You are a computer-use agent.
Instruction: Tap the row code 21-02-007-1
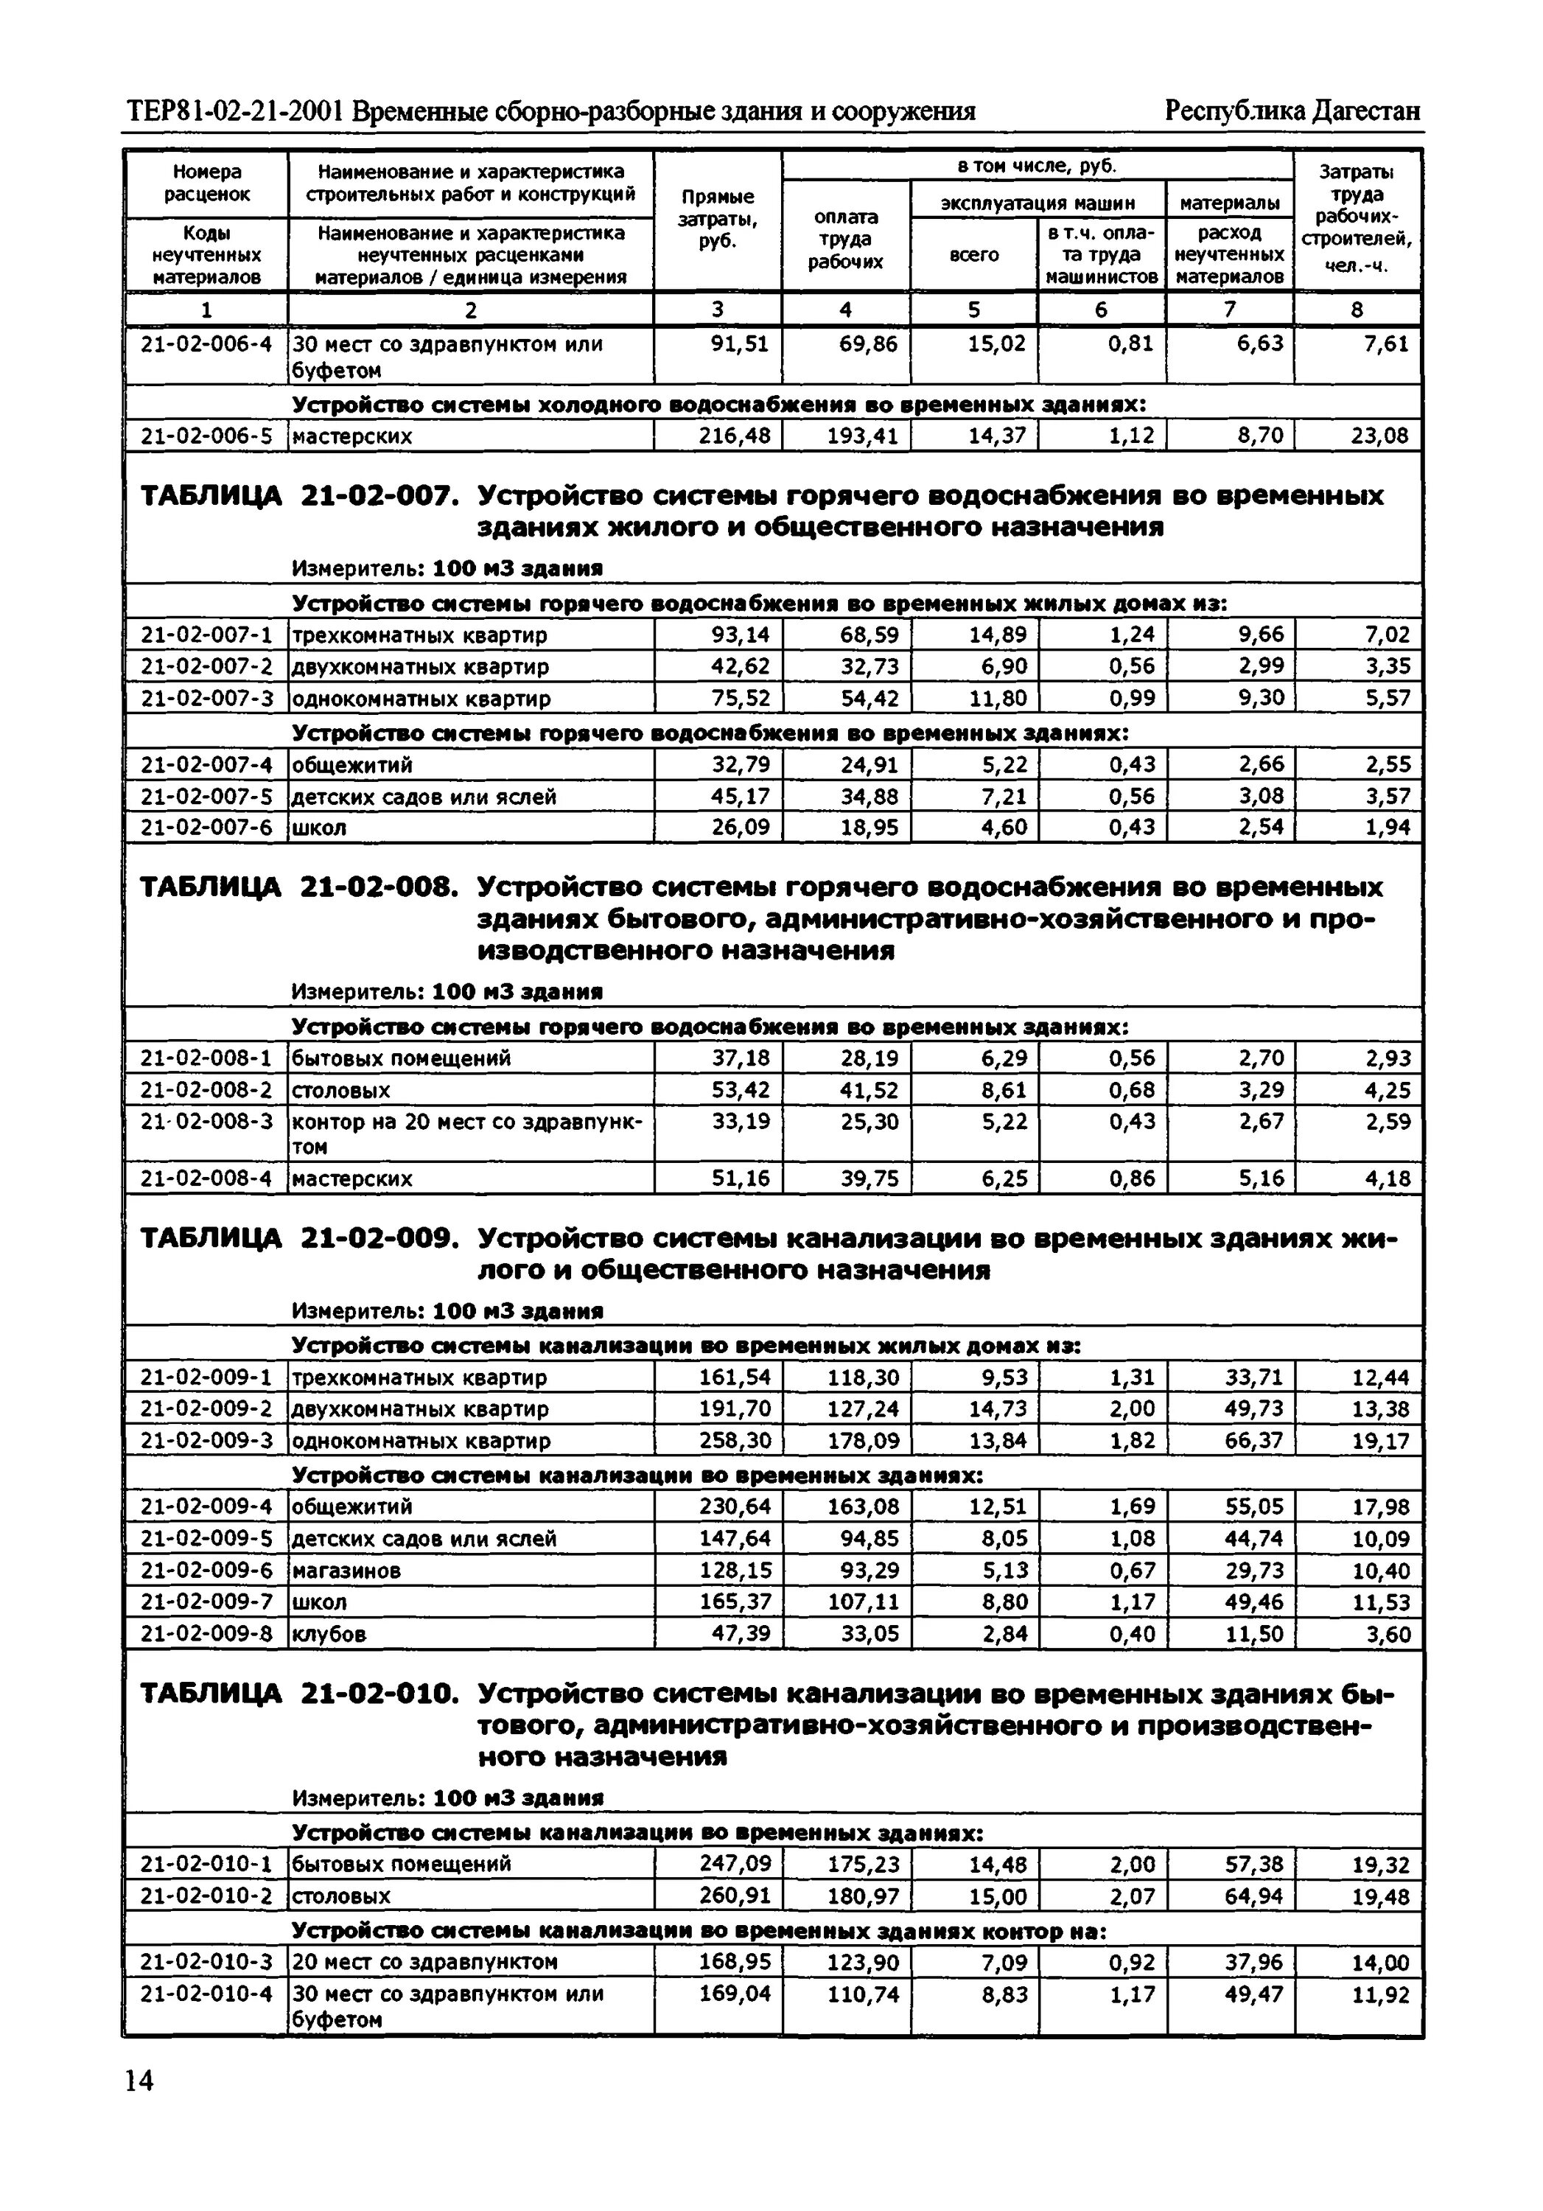(x=206, y=635)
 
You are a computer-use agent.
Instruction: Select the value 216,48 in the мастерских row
(x=735, y=436)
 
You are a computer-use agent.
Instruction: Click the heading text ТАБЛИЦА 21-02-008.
(x=298, y=887)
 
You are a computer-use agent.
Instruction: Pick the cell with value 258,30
(x=735, y=1441)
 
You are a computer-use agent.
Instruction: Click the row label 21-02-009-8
(x=206, y=1633)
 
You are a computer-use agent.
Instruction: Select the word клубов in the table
(x=329, y=1634)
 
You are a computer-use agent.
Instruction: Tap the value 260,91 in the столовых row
(x=735, y=1896)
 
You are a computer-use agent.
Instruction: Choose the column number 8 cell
(x=1357, y=309)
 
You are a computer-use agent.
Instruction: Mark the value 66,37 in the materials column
(x=1253, y=1441)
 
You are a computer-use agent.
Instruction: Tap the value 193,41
(x=861, y=436)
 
